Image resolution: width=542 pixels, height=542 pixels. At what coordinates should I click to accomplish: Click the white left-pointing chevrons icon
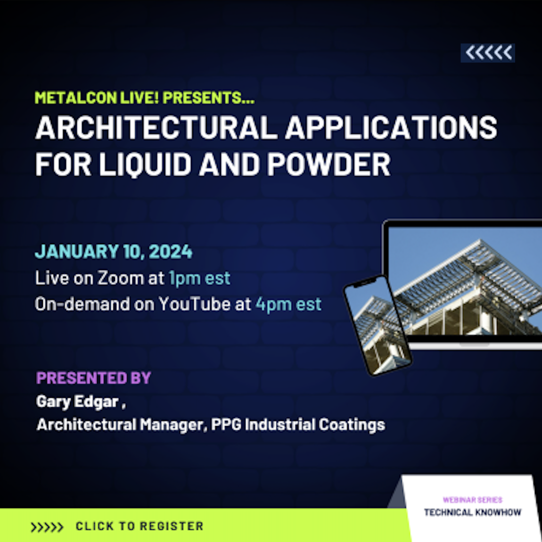coord(488,53)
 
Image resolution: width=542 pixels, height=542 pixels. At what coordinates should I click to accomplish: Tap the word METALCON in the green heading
coord(76,98)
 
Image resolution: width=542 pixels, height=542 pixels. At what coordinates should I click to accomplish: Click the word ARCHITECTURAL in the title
coord(156,127)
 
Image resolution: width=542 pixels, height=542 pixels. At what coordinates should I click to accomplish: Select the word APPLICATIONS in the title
coord(391,127)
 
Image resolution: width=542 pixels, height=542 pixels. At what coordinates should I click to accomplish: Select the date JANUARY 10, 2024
coord(114,251)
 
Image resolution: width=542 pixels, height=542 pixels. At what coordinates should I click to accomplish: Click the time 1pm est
coord(199,278)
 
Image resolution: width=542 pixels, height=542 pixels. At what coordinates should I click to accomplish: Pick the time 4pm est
coord(288,304)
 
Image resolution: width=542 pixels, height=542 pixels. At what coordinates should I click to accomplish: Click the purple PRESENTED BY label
coord(94,378)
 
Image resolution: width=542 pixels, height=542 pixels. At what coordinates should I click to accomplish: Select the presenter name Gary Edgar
coord(77,402)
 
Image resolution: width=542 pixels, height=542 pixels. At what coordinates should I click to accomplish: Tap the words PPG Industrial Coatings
coord(298,425)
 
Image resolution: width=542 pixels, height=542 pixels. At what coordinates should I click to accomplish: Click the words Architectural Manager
coord(120,425)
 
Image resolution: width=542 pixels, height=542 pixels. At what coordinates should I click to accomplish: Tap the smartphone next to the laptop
coord(378,325)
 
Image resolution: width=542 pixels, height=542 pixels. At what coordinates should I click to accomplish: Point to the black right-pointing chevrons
coord(47,527)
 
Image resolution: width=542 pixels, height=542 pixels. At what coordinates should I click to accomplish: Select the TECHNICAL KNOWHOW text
coord(473,512)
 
